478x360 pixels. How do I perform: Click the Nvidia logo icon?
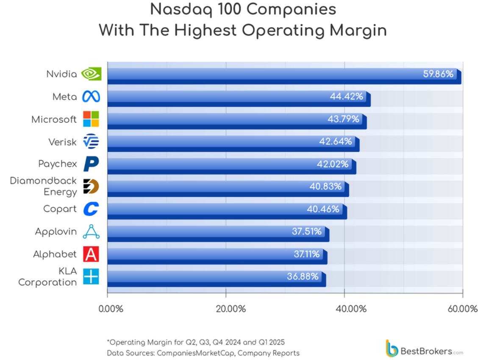pyautogui.click(x=91, y=74)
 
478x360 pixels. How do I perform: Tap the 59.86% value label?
pyautogui.click(x=438, y=74)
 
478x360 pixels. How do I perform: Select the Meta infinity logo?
pyautogui.click(x=91, y=97)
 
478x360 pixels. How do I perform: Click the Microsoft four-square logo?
pyautogui.click(x=91, y=119)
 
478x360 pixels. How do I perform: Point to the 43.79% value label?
pyautogui.click(x=343, y=119)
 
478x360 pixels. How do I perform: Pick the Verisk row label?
pyautogui.click(x=62, y=142)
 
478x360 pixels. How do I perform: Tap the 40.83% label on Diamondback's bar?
pyautogui.click(x=325, y=186)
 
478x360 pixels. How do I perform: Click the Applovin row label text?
pyautogui.click(x=56, y=232)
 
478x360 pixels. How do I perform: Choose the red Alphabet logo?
pyautogui.click(x=91, y=254)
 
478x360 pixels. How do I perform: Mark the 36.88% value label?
pyautogui.click(x=303, y=276)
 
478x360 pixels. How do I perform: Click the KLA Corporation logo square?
pyautogui.click(x=91, y=276)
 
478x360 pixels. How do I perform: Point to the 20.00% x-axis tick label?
pyautogui.click(x=231, y=309)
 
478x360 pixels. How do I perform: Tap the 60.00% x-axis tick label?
pyautogui.click(x=462, y=309)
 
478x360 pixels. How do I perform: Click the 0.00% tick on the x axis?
pyautogui.click(x=111, y=309)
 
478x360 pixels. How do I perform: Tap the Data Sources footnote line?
pyautogui.click(x=203, y=353)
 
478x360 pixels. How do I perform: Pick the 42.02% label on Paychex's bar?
pyautogui.click(x=333, y=164)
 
